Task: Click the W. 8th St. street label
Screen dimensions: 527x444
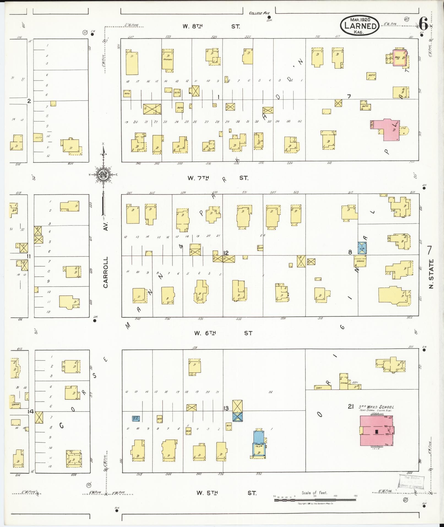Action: pos(211,26)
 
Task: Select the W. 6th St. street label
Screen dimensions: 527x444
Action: pos(223,333)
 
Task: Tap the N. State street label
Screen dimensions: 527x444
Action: pos(431,274)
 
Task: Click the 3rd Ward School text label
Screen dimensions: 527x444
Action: pos(376,407)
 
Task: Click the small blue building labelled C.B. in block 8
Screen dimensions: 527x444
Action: pos(362,248)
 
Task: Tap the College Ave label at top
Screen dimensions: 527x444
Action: pos(260,13)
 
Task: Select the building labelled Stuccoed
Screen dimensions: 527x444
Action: pos(167,59)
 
